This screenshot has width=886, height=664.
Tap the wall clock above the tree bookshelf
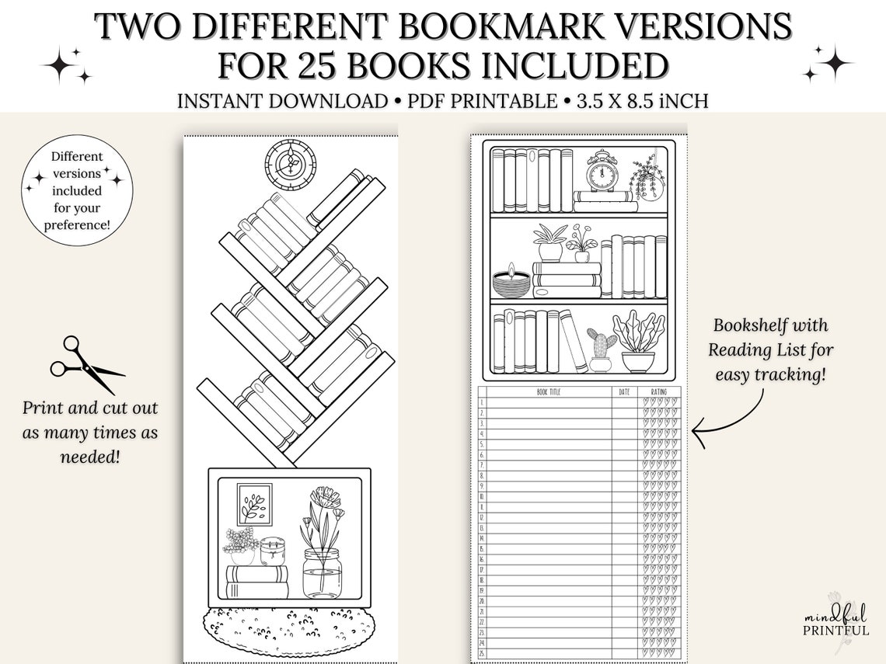click(290, 164)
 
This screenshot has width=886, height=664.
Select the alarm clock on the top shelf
click(602, 172)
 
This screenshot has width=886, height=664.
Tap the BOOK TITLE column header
click(549, 392)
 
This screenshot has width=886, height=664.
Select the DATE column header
click(624, 392)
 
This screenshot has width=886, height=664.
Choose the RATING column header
click(659, 392)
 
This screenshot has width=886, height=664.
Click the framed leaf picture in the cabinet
click(254, 504)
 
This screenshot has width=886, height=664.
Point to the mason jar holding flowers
click(322, 572)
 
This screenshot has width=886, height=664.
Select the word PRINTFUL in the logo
click(836, 631)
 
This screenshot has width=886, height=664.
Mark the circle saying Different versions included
click(77, 190)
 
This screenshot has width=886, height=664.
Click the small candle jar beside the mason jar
click(273, 551)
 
